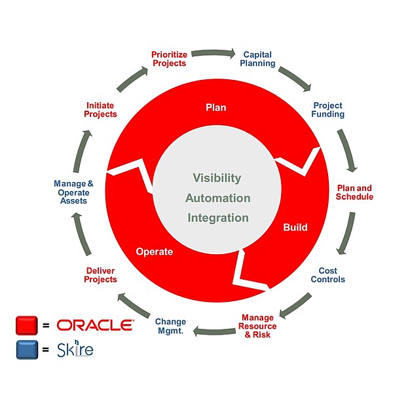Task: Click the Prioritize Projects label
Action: click(169, 59)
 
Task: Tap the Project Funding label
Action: click(328, 109)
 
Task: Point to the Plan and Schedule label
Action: click(354, 192)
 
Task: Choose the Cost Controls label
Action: click(327, 274)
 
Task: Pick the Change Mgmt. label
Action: click(170, 326)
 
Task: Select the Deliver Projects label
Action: click(101, 274)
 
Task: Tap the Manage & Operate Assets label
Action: click(73, 192)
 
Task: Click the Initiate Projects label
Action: click(101, 109)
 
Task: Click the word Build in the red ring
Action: click(295, 228)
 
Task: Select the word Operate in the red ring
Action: click(154, 251)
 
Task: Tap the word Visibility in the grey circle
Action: click(217, 178)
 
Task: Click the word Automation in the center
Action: click(217, 198)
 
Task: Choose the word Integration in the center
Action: click(217, 217)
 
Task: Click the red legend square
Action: click(27, 325)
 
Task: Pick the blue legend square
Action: click(27, 349)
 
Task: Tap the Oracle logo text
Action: click(96, 325)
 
